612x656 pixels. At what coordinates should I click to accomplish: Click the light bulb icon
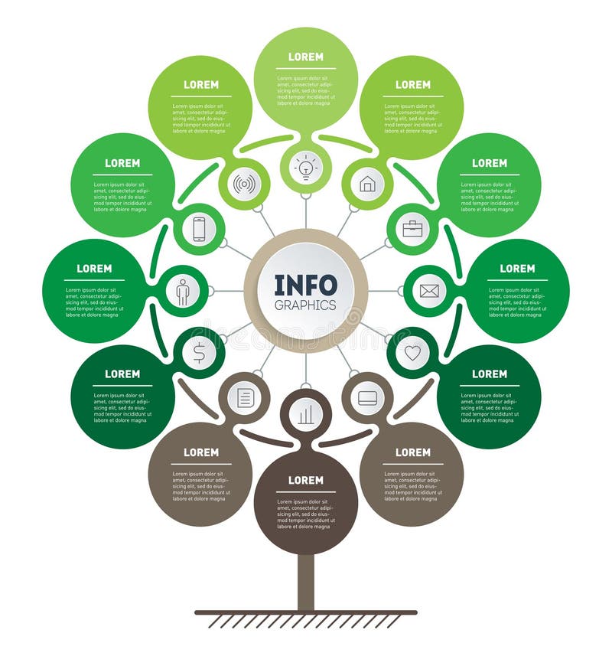tap(306, 167)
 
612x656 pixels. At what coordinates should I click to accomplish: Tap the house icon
tap(367, 184)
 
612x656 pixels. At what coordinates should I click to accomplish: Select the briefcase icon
tap(412, 229)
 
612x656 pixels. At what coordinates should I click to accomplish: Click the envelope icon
tap(429, 291)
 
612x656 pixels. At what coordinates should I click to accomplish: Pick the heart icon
tap(412, 353)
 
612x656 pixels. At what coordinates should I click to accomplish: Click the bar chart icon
tap(306, 415)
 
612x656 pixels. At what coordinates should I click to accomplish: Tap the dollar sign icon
tap(199, 353)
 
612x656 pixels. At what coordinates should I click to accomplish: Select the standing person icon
tap(183, 292)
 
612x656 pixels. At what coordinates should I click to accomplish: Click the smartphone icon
tap(199, 229)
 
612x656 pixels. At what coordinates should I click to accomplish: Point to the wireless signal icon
tap(245, 184)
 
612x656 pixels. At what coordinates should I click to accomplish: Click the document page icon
tap(245, 398)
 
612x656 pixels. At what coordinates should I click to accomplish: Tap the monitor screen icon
tap(367, 398)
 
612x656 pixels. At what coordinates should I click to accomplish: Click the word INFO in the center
tap(306, 286)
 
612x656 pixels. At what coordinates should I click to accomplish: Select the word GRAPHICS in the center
tap(306, 305)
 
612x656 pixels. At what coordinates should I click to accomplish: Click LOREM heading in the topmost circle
tap(306, 57)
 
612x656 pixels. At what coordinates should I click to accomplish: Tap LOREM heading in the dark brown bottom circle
tap(306, 480)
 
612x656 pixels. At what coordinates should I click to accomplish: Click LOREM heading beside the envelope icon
tap(517, 269)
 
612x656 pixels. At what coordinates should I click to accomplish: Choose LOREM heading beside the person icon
tap(94, 269)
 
